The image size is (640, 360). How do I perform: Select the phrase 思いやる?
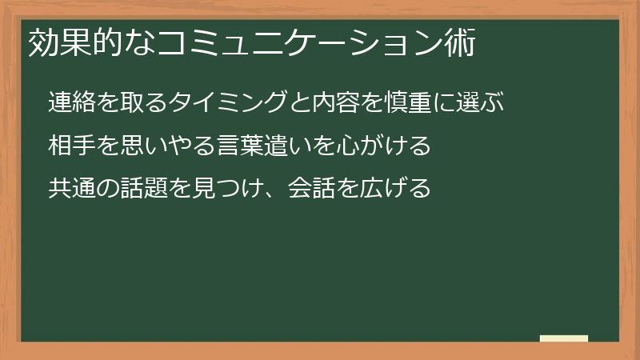[x=162, y=147]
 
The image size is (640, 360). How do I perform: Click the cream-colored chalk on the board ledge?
[x=564, y=339]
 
